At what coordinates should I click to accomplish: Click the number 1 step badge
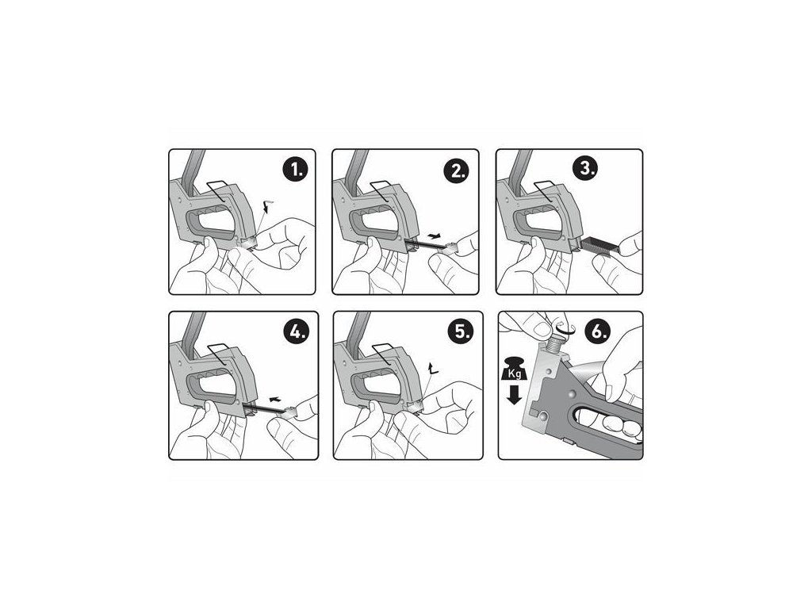297,170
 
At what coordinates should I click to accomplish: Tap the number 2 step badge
458,170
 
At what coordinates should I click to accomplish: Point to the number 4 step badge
297,332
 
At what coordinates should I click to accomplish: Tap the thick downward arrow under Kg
514,394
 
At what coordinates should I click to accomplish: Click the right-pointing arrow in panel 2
436,236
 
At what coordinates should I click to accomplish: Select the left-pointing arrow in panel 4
276,399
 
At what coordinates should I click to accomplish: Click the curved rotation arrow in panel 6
565,327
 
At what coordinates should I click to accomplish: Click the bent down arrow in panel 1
266,205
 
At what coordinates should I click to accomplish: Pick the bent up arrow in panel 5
431,369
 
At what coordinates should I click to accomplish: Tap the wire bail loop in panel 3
548,191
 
